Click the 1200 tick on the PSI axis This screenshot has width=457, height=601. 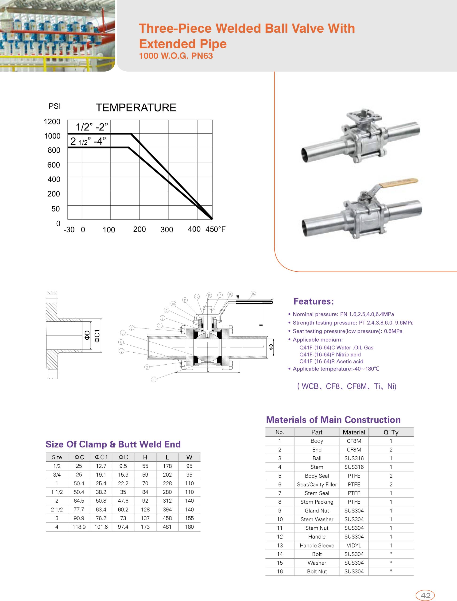(52, 122)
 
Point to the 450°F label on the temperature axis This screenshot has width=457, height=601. (215, 229)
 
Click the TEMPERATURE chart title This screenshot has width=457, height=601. (136, 108)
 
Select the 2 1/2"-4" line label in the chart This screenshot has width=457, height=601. (88, 141)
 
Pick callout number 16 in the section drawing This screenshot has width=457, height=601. (253, 294)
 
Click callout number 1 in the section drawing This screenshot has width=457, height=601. (154, 380)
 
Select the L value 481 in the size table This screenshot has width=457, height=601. (167, 527)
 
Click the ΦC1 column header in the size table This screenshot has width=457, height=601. (101, 457)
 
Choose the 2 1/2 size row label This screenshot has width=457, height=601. (57, 509)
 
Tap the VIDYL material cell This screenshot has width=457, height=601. (354, 545)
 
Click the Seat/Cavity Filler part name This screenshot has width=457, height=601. (317, 484)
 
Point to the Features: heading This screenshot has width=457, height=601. (313, 301)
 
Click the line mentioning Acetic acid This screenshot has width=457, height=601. (331, 361)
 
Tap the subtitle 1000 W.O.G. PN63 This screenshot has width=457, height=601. (176, 56)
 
